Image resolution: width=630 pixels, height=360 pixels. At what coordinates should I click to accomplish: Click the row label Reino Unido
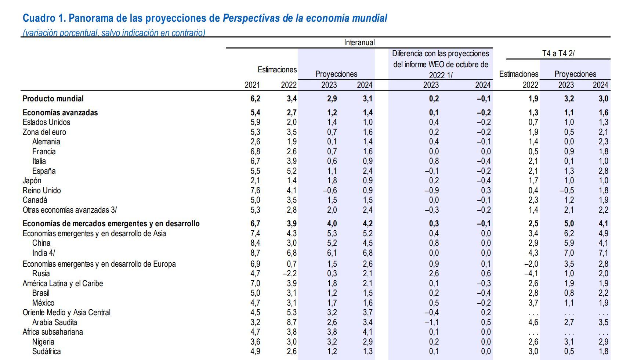(41, 190)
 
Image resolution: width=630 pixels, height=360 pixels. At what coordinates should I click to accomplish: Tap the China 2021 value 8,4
(255, 243)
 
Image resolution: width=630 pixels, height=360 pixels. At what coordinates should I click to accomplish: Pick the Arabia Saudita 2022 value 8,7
(291, 323)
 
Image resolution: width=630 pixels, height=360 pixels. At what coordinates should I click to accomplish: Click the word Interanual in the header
(359, 42)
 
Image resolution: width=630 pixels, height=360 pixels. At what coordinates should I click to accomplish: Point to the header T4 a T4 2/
(558, 53)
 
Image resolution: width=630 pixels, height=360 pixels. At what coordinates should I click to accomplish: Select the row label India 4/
(43, 253)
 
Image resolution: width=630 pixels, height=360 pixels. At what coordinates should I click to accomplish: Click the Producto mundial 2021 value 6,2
(255, 99)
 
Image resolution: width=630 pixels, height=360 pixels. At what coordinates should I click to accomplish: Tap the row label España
(44, 171)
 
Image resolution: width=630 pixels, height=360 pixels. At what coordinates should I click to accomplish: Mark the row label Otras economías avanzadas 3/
(69, 210)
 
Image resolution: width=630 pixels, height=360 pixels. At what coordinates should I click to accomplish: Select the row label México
(43, 303)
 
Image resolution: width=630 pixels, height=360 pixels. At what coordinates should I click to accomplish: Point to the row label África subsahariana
(52, 332)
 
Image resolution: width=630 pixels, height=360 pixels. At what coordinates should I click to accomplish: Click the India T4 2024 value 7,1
(603, 253)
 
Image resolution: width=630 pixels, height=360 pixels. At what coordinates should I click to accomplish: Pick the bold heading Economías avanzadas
(60, 113)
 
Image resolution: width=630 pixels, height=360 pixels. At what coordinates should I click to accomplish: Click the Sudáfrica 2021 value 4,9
(255, 352)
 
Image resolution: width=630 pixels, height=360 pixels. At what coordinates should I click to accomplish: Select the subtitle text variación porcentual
(61, 33)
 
